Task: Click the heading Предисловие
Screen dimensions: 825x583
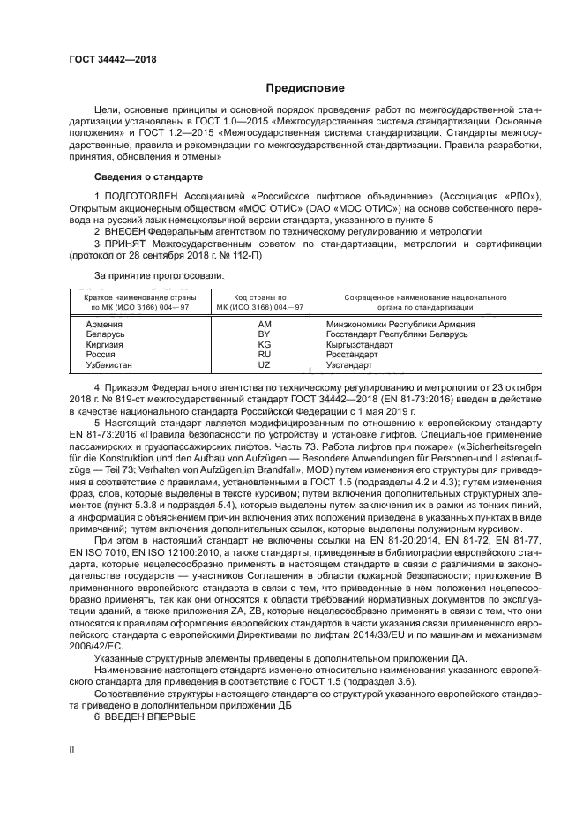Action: pyautogui.click(x=299, y=88)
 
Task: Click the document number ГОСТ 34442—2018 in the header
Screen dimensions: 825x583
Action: pyautogui.click(x=112, y=58)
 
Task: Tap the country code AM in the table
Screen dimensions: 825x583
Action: pyautogui.click(x=263, y=324)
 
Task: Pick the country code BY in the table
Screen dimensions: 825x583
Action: pyautogui.click(x=263, y=334)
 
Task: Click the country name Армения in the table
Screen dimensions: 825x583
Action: pyautogui.click(x=104, y=324)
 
